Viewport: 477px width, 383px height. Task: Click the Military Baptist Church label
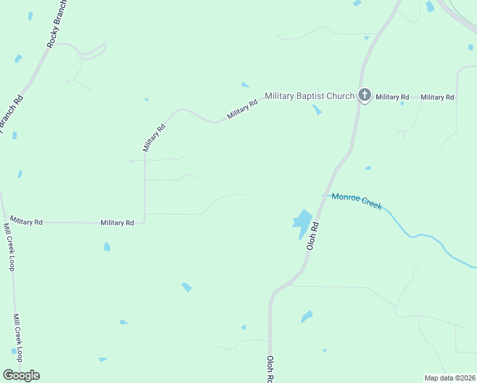pos(309,96)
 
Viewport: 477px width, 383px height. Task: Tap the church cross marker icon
pos(364,96)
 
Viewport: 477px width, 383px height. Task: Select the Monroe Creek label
pos(356,200)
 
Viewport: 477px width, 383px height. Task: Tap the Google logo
pos(21,375)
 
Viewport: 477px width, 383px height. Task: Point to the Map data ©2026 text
pos(450,378)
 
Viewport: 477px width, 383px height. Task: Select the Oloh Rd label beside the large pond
pos(312,236)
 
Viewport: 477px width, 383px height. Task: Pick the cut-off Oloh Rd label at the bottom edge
pos(270,370)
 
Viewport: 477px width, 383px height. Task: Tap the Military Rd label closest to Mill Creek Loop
pos(26,222)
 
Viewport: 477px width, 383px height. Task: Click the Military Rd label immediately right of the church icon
pos(392,97)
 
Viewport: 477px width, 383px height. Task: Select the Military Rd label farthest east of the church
pos(437,97)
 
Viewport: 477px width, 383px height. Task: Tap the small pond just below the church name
pos(317,110)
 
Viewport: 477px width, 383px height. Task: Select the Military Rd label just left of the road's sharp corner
pos(117,223)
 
